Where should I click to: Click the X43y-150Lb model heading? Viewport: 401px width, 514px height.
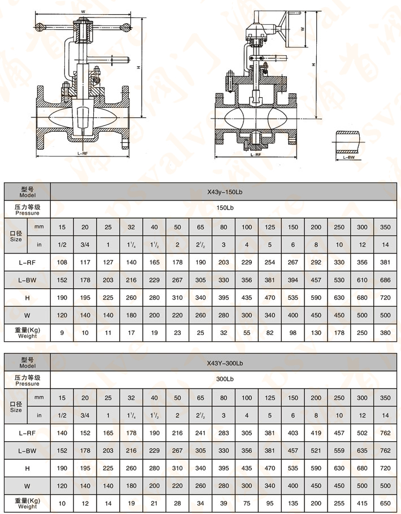(x=225, y=192)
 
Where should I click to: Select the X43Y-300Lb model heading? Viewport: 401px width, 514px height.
(x=225, y=362)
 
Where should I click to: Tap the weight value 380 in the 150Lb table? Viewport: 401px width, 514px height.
(x=385, y=333)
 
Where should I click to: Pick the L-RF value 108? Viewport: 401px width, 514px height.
(x=62, y=263)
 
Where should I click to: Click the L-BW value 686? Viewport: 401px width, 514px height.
(x=385, y=280)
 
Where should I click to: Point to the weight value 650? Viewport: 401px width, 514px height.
(x=385, y=503)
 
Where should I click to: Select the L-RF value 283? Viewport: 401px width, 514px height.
(x=224, y=433)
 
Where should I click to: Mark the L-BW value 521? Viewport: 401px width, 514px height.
(x=316, y=450)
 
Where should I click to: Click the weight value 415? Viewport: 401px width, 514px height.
(x=362, y=503)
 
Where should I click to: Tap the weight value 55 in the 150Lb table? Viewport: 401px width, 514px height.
(x=247, y=333)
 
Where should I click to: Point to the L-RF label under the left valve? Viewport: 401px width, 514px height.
(x=83, y=153)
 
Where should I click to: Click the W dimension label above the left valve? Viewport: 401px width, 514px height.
(x=83, y=11)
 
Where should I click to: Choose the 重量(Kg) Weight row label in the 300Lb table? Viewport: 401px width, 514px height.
(x=27, y=503)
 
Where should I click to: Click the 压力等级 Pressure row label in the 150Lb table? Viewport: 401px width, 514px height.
(x=27, y=210)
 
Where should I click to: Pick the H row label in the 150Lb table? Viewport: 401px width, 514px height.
(x=27, y=298)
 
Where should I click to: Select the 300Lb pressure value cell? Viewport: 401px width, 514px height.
(x=225, y=380)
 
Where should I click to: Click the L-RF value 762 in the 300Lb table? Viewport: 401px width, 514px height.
(x=385, y=433)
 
